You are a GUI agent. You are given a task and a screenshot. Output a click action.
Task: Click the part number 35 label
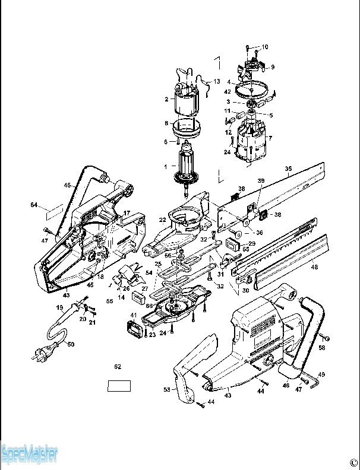288,169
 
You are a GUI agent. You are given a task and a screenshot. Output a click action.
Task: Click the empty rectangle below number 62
119,386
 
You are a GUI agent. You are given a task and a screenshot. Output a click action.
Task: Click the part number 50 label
71,344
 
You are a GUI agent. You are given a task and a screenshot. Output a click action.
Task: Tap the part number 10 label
265,47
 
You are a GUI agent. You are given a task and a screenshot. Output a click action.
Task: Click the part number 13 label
216,81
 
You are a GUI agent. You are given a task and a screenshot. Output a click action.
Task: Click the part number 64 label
34,205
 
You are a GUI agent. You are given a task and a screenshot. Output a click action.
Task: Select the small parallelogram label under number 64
53,211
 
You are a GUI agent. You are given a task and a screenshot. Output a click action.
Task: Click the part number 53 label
167,389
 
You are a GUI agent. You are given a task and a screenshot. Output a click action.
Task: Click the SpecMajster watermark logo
29,455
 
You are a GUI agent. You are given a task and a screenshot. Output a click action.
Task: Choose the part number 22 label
162,220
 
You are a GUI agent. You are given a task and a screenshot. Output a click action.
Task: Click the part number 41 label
134,315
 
